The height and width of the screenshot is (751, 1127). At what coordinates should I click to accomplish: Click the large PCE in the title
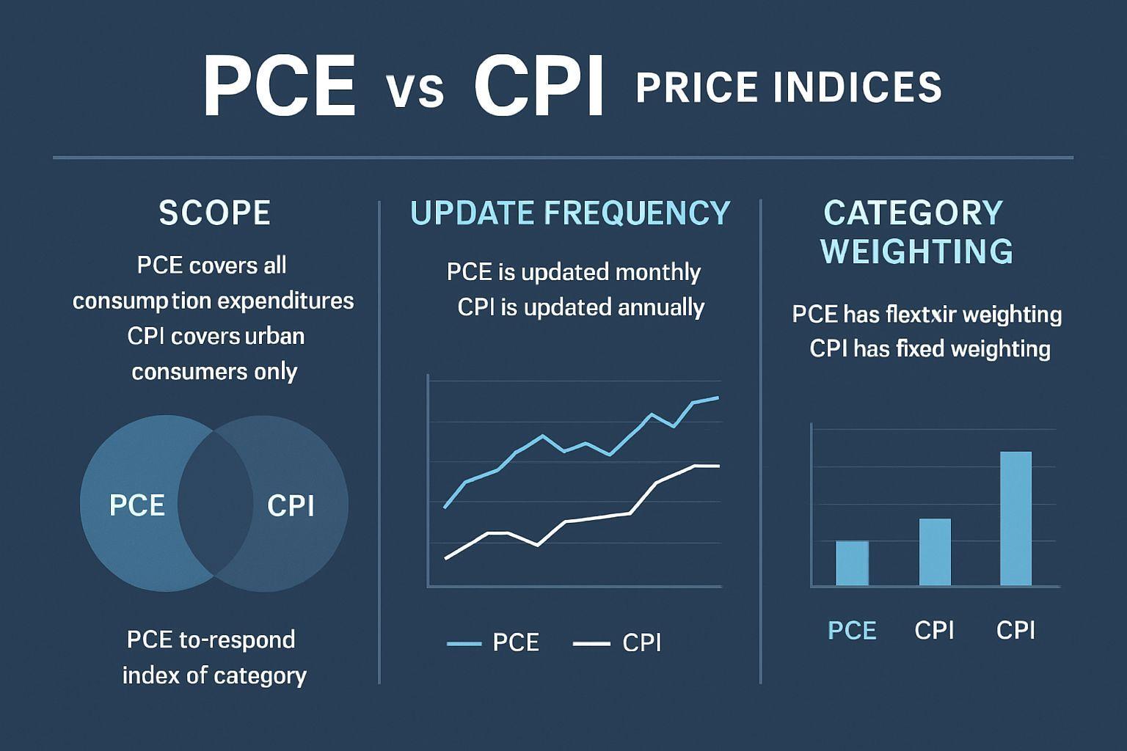point(280,87)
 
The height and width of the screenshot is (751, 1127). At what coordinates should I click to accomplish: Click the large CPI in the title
point(539,87)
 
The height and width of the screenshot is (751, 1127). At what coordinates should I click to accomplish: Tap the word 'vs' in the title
point(415,91)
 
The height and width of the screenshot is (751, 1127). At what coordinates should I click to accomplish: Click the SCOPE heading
point(214,213)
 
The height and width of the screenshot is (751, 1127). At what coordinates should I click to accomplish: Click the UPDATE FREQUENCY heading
point(570,213)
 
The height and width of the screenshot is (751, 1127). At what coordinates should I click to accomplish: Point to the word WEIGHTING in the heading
point(916,252)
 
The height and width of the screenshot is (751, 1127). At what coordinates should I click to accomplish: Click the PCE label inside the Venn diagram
point(136,505)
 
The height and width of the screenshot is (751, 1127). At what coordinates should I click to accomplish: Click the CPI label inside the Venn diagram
point(291,505)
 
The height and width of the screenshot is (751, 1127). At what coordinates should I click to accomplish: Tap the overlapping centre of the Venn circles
point(214,503)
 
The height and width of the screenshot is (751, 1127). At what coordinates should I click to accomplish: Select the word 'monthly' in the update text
point(657,272)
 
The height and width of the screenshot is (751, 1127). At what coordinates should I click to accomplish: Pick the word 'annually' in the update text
point(661,307)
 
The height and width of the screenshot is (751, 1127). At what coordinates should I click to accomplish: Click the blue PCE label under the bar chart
point(852,631)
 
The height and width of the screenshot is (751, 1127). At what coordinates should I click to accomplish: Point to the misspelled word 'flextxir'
point(921,315)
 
